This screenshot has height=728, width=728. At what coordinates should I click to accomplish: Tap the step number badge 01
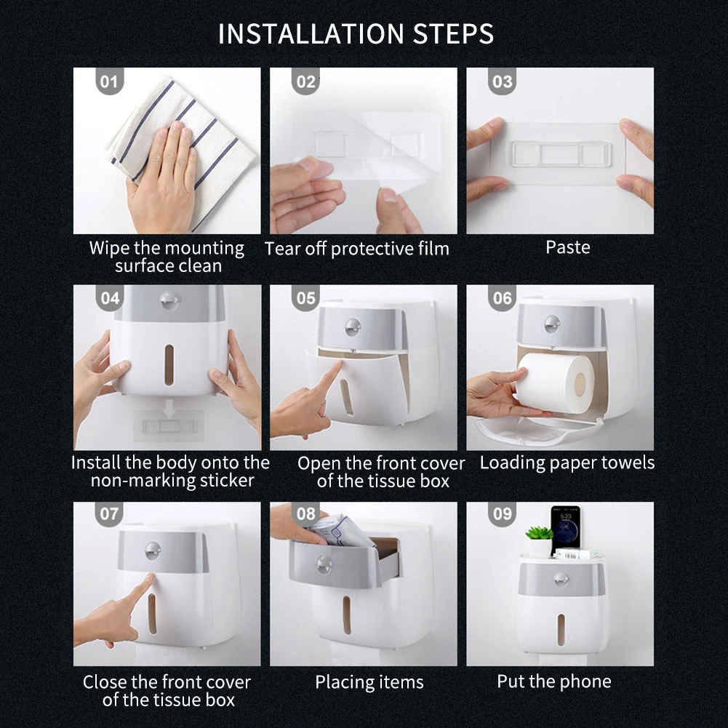tap(110, 81)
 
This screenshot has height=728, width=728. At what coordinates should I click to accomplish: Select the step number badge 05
tap(306, 297)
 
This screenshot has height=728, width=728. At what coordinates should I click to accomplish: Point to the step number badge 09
tap(503, 514)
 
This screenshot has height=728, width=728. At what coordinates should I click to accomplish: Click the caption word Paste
tap(568, 247)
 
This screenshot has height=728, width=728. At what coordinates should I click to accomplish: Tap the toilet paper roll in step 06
tap(555, 383)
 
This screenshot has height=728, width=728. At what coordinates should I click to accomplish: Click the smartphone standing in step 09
tap(565, 529)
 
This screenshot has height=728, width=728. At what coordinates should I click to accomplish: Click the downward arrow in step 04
tap(169, 409)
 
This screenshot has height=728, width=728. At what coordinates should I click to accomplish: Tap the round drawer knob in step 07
tap(153, 551)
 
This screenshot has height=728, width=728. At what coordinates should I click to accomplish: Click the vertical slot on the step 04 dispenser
tap(169, 365)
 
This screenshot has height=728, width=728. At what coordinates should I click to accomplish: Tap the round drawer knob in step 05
tap(353, 327)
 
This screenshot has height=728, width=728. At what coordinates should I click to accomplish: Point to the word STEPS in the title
tap(453, 34)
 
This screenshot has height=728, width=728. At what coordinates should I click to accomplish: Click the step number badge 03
tap(503, 81)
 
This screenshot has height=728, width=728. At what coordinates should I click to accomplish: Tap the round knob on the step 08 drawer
tap(324, 565)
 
